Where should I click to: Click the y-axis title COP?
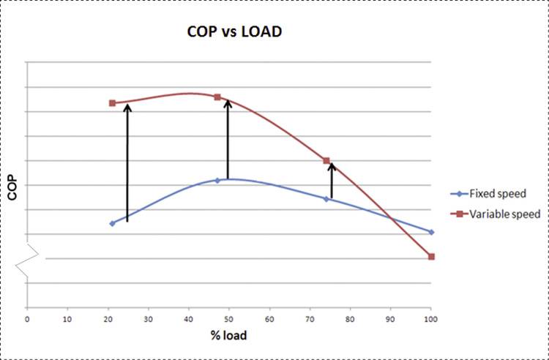point(12,191)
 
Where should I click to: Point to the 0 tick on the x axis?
point(27,318)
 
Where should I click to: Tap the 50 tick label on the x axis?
point(229,318)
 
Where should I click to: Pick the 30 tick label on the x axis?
point(149,318)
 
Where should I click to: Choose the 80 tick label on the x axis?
point(350,318)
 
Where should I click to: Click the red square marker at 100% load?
point(431,256)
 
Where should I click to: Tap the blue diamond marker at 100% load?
point(431,232)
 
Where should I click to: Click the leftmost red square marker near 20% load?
point(112,103)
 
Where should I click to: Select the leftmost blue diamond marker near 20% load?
point(112,223)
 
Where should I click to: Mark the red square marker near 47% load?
point(217,97)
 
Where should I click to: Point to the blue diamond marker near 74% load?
point(326,198)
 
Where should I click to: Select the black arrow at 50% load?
point(228,139)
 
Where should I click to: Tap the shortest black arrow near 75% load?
point(332,181)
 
